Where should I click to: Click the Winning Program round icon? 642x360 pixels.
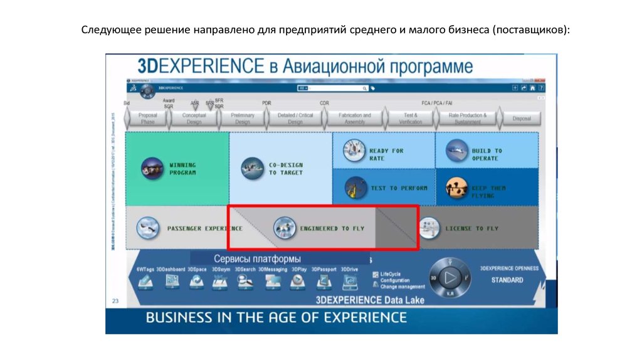point(152,168)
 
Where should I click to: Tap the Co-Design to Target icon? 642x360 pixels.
point(253,168)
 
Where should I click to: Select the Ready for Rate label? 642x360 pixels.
point(386,154)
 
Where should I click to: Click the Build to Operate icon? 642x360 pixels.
point(457,151)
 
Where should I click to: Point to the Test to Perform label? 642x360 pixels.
point(399,188)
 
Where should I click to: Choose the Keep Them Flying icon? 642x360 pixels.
point(457,188)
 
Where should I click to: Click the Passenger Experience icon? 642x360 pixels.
point(148,228)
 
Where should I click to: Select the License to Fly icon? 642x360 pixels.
point(429,228)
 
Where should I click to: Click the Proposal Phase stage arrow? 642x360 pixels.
point(147,119)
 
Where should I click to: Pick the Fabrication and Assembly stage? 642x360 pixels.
point(354,119)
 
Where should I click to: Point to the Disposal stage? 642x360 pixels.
point(521,119)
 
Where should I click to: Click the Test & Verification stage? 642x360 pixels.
point(411,119)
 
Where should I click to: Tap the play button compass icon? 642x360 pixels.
point(448,277)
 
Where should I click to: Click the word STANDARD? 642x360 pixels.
point(507,280)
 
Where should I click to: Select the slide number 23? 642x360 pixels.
point(115,301)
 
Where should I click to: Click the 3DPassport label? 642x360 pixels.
point(324,269)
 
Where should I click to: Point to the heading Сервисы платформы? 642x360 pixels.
point(257,258)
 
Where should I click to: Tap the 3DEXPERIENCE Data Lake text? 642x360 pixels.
point(370,300)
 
